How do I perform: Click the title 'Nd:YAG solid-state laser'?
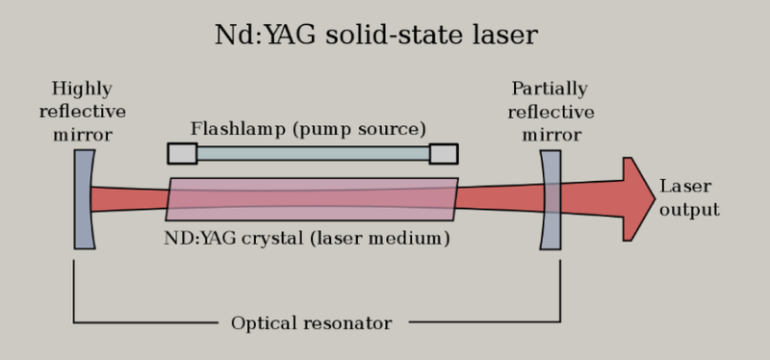[x=375, y=36]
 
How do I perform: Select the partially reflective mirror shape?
[x=551, y=199]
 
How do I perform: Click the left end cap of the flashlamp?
[x=182, y=153]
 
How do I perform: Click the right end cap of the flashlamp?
[x=444, y=153]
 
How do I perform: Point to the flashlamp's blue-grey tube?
[x=313, y=153]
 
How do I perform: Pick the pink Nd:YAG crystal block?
[x=312, y=199]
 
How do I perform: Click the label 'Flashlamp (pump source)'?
[x=308, y=128]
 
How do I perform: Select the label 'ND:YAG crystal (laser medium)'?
[x=307, y=237]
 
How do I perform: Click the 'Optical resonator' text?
[x=311, y=323]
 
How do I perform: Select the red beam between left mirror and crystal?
[x=130, y=199]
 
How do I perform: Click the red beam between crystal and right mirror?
[x=499, y=198]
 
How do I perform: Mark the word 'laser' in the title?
[x=504, y=36]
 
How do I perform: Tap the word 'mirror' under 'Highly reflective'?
[x=83, y=134]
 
